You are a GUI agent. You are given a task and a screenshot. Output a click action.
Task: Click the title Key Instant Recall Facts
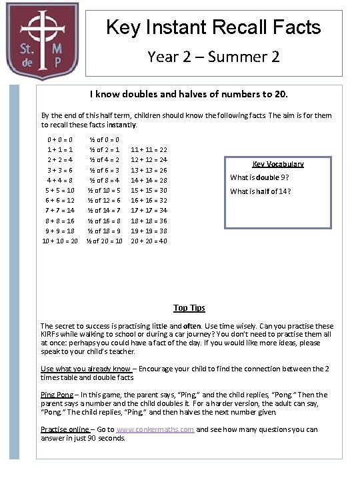213,28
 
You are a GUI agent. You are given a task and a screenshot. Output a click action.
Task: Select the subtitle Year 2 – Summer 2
213,57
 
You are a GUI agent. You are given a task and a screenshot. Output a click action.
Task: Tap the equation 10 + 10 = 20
60,241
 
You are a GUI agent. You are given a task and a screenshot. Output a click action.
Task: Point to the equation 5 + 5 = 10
60,190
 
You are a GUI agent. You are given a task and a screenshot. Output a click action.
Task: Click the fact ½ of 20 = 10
104,241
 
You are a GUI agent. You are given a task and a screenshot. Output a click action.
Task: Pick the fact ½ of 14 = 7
104,210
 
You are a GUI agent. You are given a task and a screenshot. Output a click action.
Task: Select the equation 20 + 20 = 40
149,241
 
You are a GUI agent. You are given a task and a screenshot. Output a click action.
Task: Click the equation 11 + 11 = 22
149,150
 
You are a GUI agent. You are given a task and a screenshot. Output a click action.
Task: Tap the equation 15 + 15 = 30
149,190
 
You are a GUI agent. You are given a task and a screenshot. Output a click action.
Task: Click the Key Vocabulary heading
278,164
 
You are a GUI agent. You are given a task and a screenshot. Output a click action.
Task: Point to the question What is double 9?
259,177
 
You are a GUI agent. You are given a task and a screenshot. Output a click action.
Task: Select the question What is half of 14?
261,192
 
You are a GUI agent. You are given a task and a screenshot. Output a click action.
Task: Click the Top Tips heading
189,308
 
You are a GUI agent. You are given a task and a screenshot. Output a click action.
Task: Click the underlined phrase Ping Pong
57,395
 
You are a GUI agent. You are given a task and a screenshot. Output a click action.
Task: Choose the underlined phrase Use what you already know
86,369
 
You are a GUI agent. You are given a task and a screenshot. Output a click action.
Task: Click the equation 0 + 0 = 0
60,140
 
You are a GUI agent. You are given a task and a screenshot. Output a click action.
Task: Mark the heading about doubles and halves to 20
189,95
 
